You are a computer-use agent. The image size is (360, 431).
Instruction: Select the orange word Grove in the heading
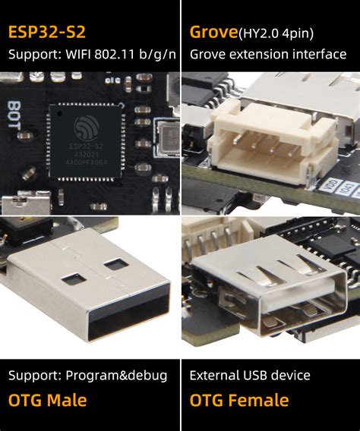point(213,33)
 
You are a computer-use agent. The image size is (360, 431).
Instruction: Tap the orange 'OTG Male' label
point(48,400)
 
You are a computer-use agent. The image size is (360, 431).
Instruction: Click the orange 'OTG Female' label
point(239,400)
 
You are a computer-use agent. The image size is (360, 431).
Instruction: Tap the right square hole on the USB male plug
point(115,265)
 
